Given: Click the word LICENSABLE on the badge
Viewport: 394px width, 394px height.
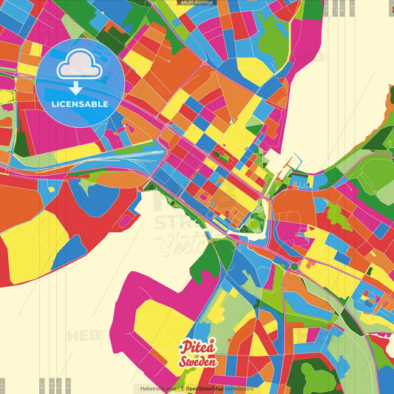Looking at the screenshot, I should [80, 104].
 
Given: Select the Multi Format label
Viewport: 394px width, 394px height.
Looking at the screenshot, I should [196, 4].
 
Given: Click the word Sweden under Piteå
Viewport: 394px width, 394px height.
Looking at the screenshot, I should [197, 361].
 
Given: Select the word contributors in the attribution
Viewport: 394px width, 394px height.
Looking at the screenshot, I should [239, 388].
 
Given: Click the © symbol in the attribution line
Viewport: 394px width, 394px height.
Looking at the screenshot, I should [182, 388].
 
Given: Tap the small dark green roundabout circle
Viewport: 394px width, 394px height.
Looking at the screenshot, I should [293, 266].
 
